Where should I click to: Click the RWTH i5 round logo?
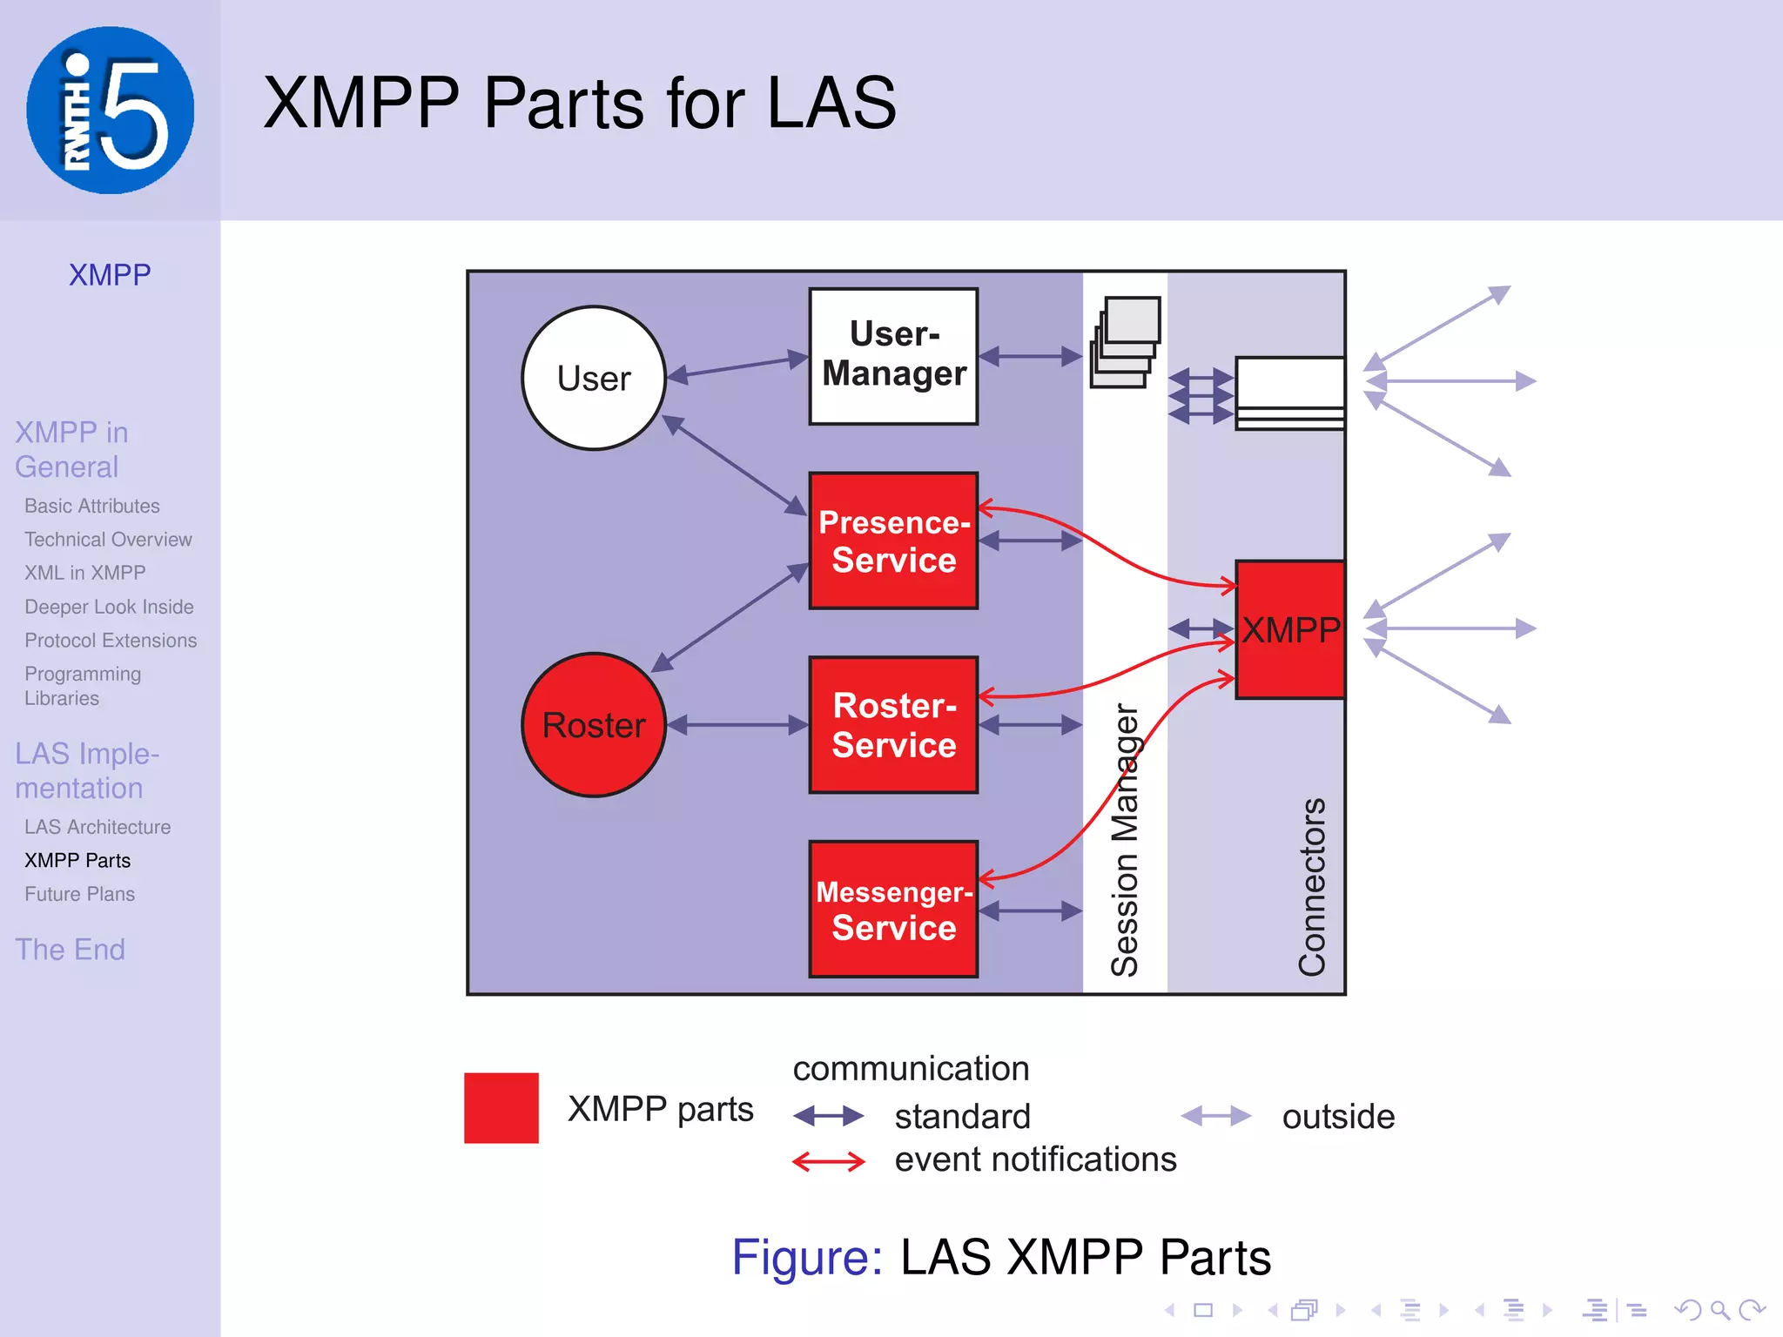pos(111,111)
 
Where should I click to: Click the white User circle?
pos(594,378)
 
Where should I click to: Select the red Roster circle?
pos(594,724)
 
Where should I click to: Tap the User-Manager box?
pos(893,356)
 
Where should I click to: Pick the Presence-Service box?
pos(893,541)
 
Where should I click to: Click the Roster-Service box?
pos(893,724)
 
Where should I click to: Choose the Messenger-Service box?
pos(893,909)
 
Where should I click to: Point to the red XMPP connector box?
pos(1289,629)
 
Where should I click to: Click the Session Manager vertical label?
pos(1124,840)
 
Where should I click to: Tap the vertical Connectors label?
pos(1311,886)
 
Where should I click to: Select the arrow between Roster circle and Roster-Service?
pos(737,724)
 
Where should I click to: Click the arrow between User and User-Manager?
pos(737,366)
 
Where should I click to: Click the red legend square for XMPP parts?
pos(501,1107)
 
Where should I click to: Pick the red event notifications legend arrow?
pos(828,1161)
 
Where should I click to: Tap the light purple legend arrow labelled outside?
pos(1215,1116)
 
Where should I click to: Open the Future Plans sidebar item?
pos(79,894)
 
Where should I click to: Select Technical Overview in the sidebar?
pos(108,540)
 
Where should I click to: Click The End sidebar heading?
pos(70,949)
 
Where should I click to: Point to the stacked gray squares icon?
pos(1126,342)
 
